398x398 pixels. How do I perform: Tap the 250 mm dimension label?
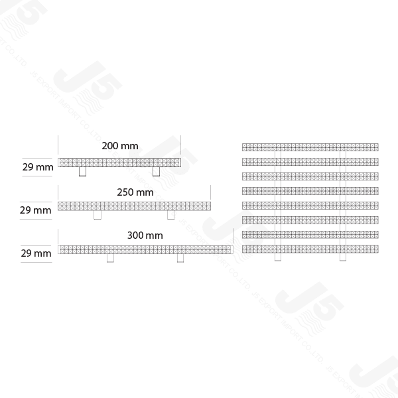click(x=135, y=192)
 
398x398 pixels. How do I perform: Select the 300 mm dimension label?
click(x=145, y=235)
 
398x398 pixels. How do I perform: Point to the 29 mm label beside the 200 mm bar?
click(x=37, y=167)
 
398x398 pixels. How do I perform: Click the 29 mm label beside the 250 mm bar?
click(x=36, y=210)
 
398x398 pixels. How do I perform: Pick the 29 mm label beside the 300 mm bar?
click(x=36, y=253)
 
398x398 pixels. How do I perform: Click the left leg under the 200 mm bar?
click(x=82, y=172)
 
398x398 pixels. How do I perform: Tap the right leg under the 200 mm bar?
click(x=157, y=172)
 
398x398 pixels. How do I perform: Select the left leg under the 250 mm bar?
click(x=98, y=215)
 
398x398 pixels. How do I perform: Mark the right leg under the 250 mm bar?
click(x=171, y=215)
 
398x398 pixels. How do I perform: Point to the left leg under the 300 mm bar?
click(x=111, y=258)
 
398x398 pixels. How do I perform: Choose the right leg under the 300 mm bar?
click(x=180, y=258)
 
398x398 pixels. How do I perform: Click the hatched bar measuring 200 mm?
click(x=119, y=163)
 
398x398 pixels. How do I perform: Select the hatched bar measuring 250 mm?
click(x=134, y=206)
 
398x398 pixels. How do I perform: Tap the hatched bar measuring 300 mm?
click(x=145, y=249)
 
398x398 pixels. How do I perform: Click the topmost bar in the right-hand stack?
click(x=310, y=147)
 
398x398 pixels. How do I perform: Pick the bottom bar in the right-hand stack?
click(x=310, y=249)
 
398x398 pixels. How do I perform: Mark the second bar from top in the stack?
click(x=310, y=161)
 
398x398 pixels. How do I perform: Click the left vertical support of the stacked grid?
click(x=278, y=199)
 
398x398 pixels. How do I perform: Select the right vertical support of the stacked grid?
click(x=342, y=199)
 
